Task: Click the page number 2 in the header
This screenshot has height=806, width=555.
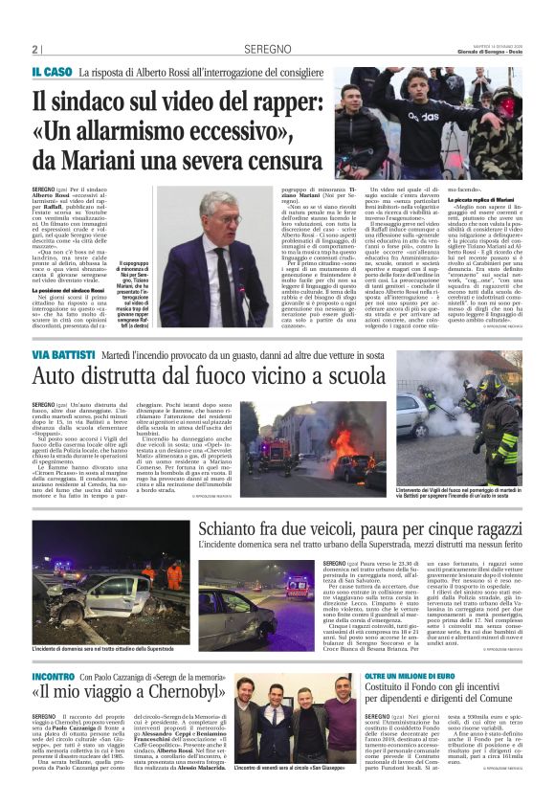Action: click(35, 49)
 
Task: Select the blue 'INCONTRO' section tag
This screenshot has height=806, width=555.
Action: click(55, 677)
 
